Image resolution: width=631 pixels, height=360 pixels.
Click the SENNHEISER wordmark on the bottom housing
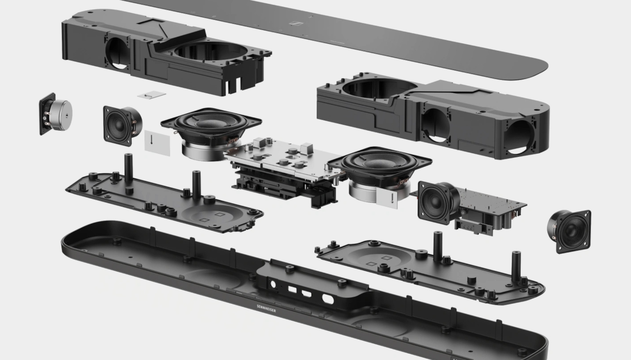266,308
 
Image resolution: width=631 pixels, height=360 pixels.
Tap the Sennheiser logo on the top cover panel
296,23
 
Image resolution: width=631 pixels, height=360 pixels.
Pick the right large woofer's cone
379,162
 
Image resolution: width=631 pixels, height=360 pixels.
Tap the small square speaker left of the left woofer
122,126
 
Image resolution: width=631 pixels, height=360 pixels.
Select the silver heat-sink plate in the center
284,158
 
